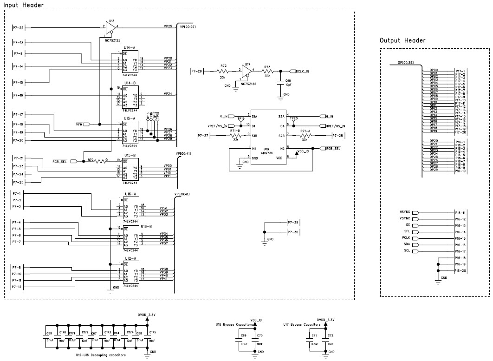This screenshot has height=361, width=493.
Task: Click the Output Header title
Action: [402, 40]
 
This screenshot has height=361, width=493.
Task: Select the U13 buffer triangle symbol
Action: [110, 29]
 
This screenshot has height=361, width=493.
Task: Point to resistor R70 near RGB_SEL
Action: [101, 161]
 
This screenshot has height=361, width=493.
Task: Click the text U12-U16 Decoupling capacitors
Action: [101, 354]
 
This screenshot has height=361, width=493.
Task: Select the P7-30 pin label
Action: [293, 231]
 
